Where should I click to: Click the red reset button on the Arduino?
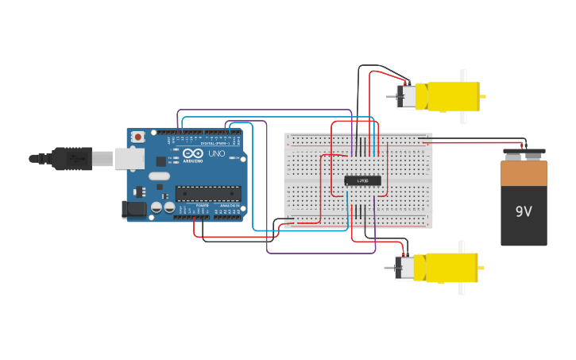[138, 137]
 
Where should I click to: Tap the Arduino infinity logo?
[193, 153]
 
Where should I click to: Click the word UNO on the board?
[216, 153]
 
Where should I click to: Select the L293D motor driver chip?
[362, 180]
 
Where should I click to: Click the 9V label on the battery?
[524, 212]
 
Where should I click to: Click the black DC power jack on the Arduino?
[133, 209]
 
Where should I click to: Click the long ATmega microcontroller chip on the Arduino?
[208, 192]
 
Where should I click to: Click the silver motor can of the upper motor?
[407, 97]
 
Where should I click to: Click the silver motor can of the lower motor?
[405, 268]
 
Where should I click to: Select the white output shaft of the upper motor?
[464, 96]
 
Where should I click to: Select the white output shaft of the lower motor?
[462, 268]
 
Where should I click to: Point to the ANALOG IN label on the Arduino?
[228, 205]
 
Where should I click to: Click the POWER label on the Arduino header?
[202, 205]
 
